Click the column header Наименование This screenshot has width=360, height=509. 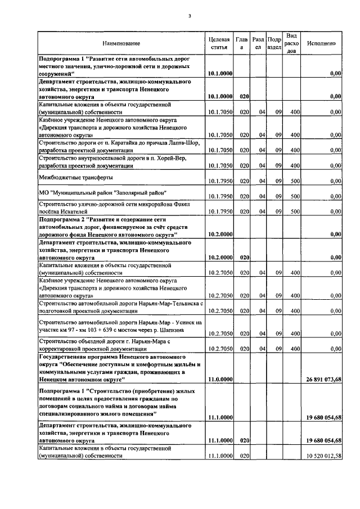click(121, 43)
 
